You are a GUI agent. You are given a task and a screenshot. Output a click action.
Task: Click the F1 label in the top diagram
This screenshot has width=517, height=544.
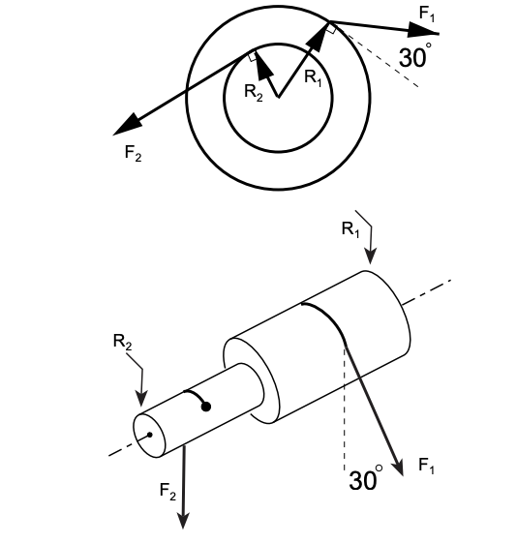click(x=427, y=14)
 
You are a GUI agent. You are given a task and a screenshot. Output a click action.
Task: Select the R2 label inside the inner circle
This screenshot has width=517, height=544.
click(x=253, y=92)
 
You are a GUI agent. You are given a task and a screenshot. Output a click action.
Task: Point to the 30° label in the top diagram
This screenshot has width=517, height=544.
click(x=415, y=57)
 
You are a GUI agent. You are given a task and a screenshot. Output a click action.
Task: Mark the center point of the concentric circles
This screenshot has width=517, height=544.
click(x=278, y=97)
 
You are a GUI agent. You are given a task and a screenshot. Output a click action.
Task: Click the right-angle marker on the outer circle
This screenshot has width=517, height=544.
click(x=331, y=30)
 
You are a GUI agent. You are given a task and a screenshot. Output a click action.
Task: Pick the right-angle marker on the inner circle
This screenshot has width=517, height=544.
click(x=253, y=58)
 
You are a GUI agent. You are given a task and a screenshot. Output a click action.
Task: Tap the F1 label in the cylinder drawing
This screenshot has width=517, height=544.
click(x=426, y=466)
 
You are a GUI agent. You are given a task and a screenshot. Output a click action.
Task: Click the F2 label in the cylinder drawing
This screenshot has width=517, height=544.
click(x=167, y=491)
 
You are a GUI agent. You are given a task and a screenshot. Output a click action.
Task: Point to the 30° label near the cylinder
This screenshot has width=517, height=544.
click(x=366, y=479)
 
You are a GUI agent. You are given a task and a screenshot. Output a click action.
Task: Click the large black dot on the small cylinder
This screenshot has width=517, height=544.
click(x=205, y=407)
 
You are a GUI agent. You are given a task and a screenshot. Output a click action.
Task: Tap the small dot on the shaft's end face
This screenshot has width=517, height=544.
click(x=148, y=434)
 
